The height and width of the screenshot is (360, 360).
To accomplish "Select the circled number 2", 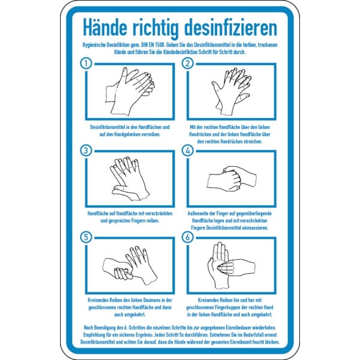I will pos(187,62).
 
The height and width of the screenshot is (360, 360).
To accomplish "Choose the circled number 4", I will pos(187,151).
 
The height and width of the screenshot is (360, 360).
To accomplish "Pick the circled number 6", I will pos(187,237).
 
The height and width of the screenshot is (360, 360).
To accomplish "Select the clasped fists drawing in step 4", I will pos(231,179).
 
